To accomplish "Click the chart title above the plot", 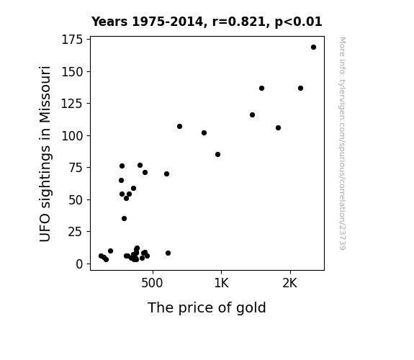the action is pyautogui.click(x=207, y=22).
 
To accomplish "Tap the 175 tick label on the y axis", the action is pyautogui.click(x=72, y=40).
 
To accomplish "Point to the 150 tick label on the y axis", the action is pyautogui.click(x=72, y=71).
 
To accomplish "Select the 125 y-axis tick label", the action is pyautogui.click(x=72, y=104).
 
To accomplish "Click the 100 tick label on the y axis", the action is pyautogui.click(x=72, y=136).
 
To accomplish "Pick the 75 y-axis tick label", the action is pyautogui.click(x=76, y=168).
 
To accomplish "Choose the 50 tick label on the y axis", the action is pyautogui.click(x=76, y=200).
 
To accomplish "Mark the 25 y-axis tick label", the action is pyautogui.click(x=76, y=232).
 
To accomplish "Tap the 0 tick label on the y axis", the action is pyautogui.click(x=79, y=264).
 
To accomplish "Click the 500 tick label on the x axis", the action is pyautogui.click(x=152, y=283).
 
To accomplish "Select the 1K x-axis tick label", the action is pyautogui.click(x=221, y=283).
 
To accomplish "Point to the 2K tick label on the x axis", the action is pyautogui.click(x=290, y=283).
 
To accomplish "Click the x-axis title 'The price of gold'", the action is pyautogui.click(x=207, y=307).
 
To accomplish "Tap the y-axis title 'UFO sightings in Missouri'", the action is pyautogui.click(x=45, y=153).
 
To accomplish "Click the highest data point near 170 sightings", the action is pyautogui.click(x=313, y=48).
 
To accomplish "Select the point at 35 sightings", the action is pyautogui.click(x=124, y=218).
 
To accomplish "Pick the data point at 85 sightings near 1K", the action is pyautogui.click(x=218, y=155).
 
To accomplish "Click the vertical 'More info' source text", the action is pyautogui.click(x=342, y=143).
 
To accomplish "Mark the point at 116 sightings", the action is pyautogui.click(x=252, y=115).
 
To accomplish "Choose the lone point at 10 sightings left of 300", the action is pyautogui.click(x=111, y=251).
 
